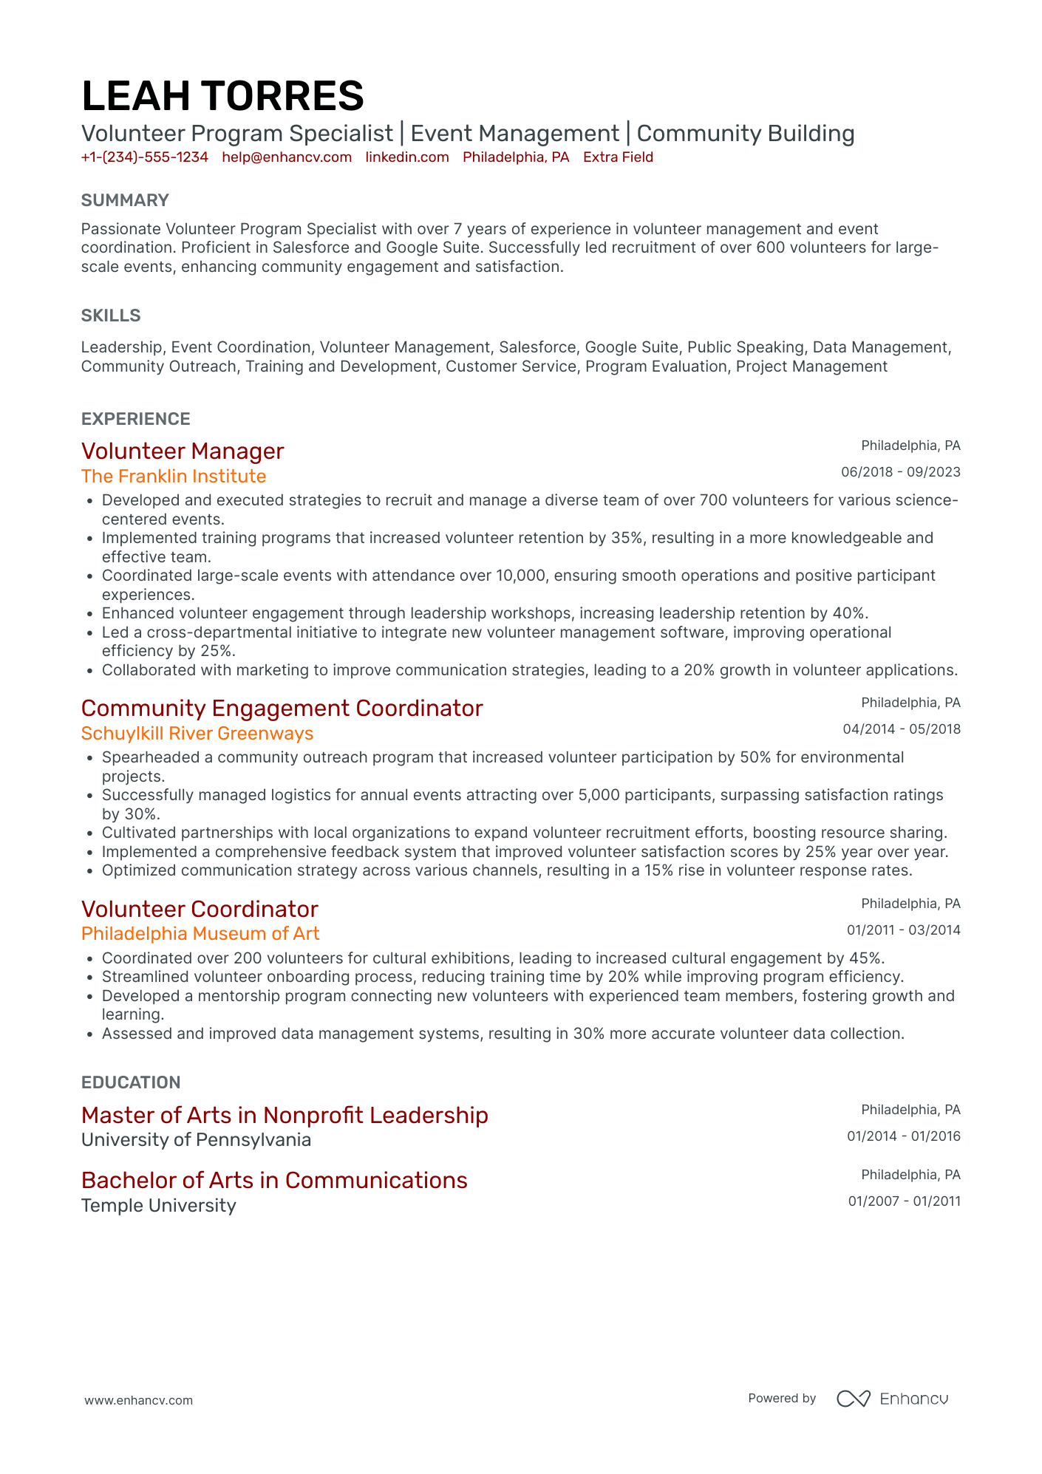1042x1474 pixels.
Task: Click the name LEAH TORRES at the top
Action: pyautogui.click(x=222, y=97)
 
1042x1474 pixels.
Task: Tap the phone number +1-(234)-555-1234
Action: pyautogui.click(x=145, y=157)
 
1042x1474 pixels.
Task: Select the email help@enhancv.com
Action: pyautogui.click(x=287, y=157)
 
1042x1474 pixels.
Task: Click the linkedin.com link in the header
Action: pyautogui.click(x=407, y=157)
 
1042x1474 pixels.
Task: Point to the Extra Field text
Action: pyautogui.click(x=618, y=157)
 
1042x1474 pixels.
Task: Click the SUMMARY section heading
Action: pyautogui.click(x=125, y=200)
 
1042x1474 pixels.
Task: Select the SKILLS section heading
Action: pyautogui.click(x=111, y=315)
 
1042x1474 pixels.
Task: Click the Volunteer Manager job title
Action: pyautogui.click(x=183, y=451)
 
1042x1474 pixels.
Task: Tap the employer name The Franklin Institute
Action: pyautogui.click(x=174, y=477)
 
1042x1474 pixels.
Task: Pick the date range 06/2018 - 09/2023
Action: pyautogui.click(x=901, y=472)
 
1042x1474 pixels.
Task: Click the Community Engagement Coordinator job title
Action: pyautogui.click(x=282, y=709)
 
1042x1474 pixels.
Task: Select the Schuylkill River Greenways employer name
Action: pyautogui.click(x=197, y=734)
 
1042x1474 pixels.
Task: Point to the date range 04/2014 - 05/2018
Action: pyautogui.click(x=902, y=729)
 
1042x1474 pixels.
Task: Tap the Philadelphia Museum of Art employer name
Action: pyautogui.click(x=200, y=934)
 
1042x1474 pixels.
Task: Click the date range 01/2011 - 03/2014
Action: pyautogui.click(x=903, y=930)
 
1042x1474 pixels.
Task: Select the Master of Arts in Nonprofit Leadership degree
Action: pyautogui.click(x=285, y=1116)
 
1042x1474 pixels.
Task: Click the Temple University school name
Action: pyautogui.click(x=159, y=1206)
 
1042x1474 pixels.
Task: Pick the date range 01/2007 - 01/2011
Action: pyautogui.click(x=904, y=1201)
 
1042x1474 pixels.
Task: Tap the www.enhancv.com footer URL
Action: pyautogui.click(x=139, y=1400)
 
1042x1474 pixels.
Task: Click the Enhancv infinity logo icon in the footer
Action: pyautogui.click(x=854, y=1399)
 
